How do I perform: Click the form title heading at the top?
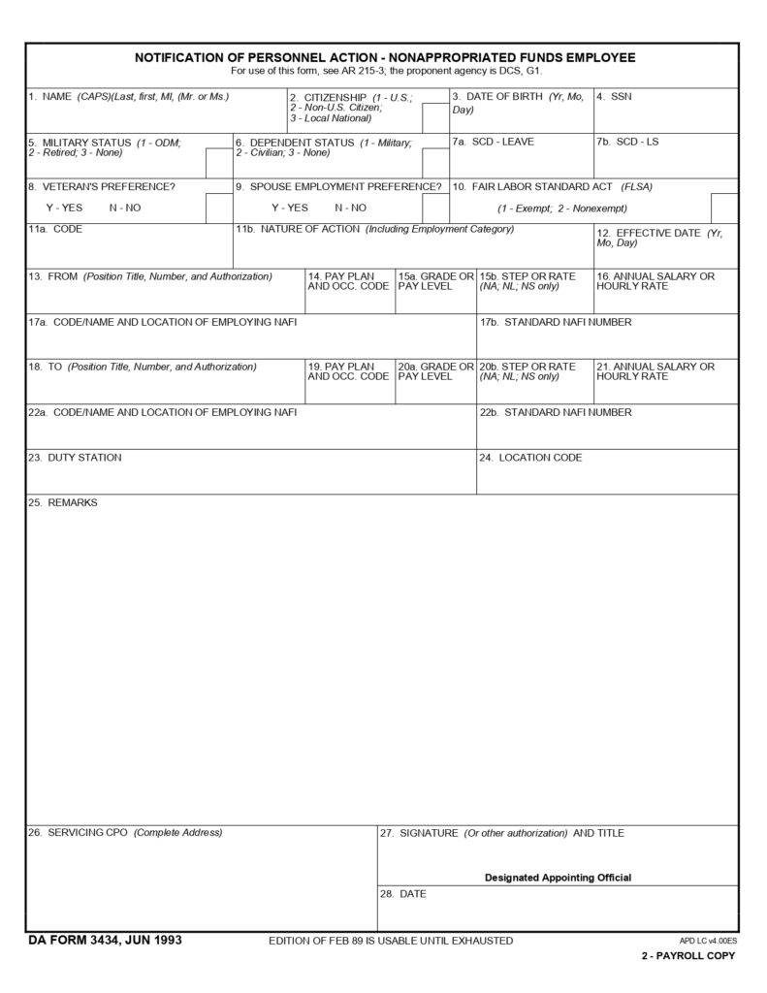click(385, 57)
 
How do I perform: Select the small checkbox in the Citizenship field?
click(434, 118)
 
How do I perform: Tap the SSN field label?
click(615, 97)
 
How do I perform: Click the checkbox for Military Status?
click(218, 164)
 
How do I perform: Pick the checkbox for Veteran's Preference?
click(218, 208)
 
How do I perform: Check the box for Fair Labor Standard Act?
click(723, 208)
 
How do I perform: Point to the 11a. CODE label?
click(55, 230)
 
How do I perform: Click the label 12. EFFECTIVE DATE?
click(658, 238)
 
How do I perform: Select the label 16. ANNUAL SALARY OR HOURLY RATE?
click(655, 281)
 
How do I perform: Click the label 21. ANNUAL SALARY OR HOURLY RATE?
click(655, 371)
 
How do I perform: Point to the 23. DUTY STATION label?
click(75, 457)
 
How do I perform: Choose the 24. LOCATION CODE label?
click(530, 457)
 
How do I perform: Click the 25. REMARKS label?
click(63, 502)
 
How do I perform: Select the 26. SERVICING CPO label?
click(125, 833)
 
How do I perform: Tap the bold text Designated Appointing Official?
click(558, 878)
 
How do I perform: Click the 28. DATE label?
click(402, 893)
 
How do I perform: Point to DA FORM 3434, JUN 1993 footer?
click(105, 940)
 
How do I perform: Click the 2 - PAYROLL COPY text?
click(687, 956)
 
